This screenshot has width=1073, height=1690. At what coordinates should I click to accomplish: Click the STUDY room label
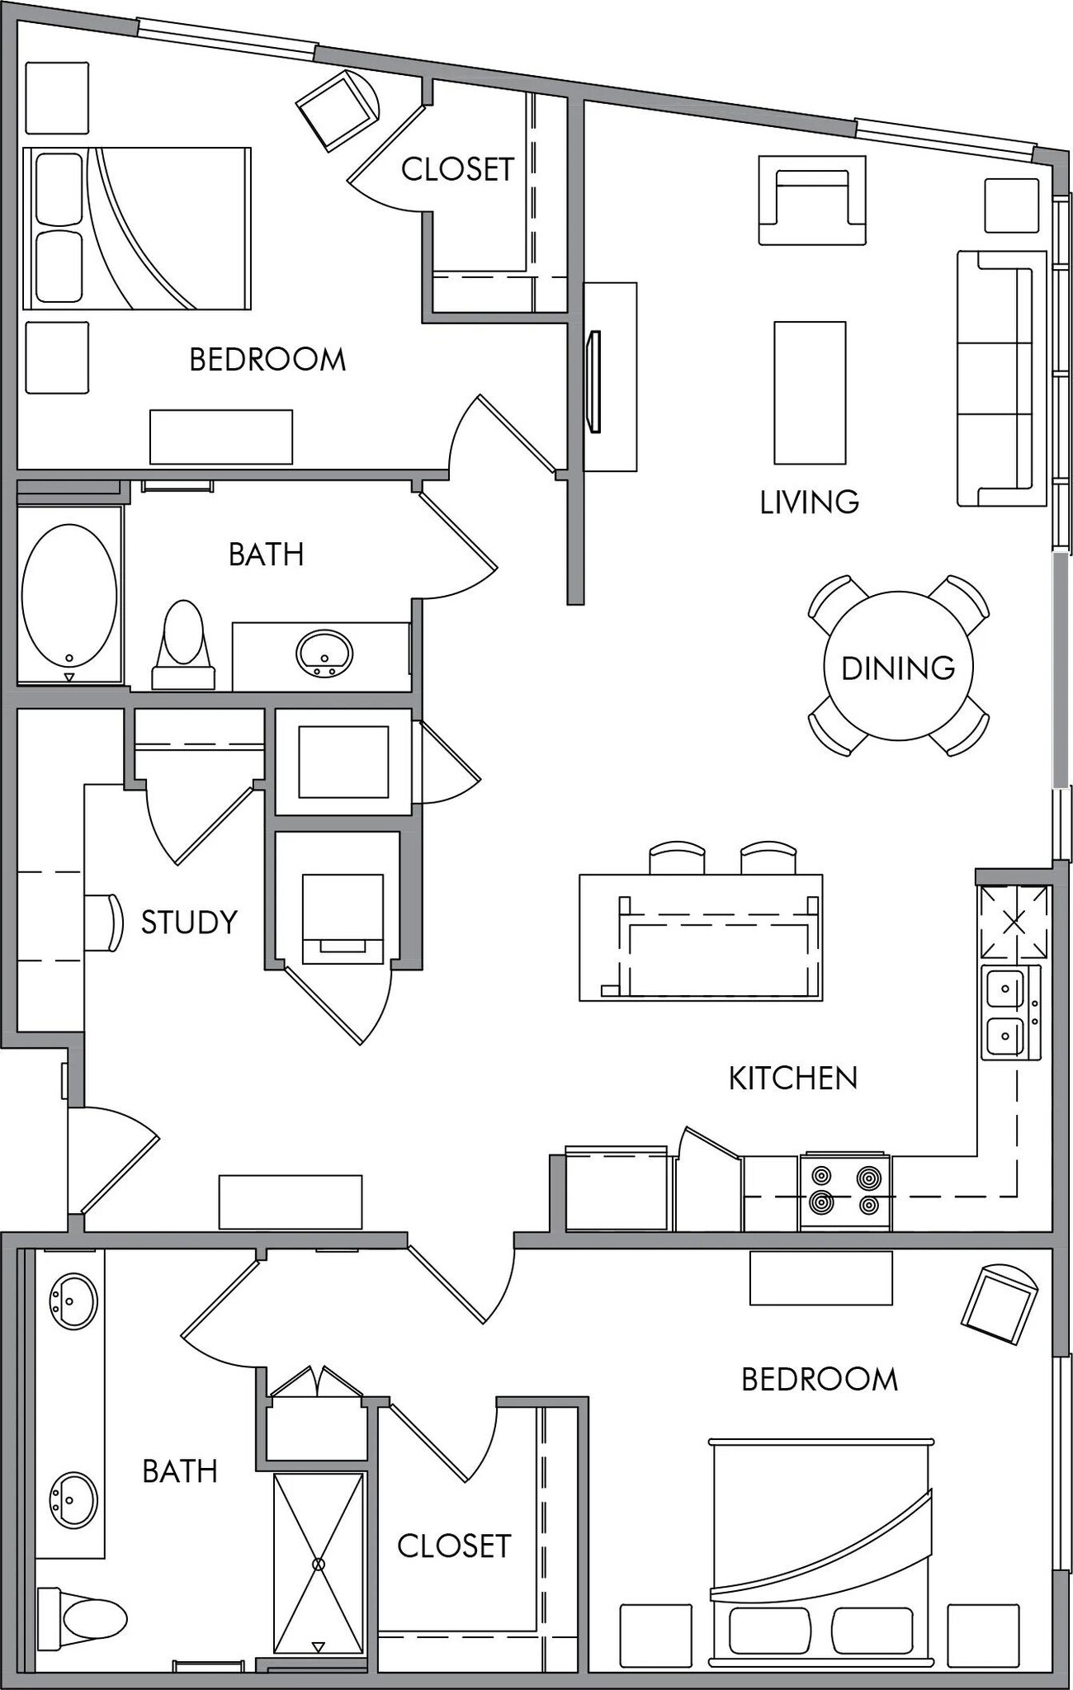[x=189, y=922]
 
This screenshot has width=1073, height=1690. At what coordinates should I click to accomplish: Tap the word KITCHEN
[x=792, y=1078]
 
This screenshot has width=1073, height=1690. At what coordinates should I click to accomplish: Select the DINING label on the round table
[x=898, y=668]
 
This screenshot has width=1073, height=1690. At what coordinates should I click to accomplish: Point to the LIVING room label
[x=809, y=502]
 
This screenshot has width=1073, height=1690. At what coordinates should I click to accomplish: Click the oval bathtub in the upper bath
[x=69, y=596]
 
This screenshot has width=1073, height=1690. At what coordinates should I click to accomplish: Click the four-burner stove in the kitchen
[x=844, y=1191]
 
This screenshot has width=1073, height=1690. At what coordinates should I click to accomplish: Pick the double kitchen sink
[x=1008, y=1012]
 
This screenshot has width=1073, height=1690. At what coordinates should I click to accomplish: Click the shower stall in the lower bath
[x=319, y=1564]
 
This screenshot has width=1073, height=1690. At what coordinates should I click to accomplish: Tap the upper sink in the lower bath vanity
[x=73, y=1301]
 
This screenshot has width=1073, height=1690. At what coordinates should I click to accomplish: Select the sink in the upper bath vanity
[x=324, y=654]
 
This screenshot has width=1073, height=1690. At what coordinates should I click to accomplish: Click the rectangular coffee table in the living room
[x=809, y=393]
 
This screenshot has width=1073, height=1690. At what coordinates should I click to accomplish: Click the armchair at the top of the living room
[x=812, y=200]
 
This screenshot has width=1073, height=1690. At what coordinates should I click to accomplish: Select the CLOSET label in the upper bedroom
[x=457, y=169]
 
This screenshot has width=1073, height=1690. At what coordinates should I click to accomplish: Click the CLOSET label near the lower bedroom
[x=454, y=1546]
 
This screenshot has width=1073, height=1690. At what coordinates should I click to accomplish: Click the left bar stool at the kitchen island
[x=677, y=858]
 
